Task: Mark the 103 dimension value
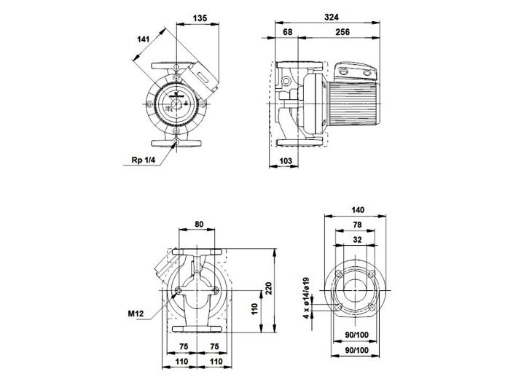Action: point(286,160)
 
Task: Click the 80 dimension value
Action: point(200,225)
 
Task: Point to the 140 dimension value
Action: point(356,209)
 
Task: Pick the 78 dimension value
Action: point(356,224)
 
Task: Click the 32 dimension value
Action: point(356,238)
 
